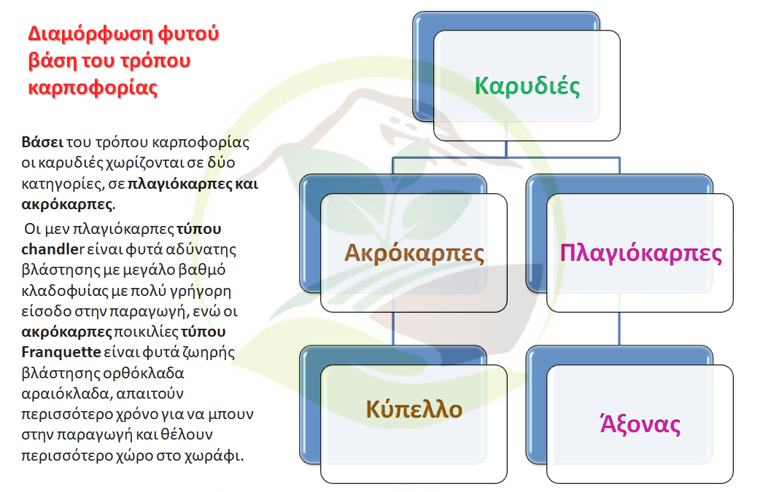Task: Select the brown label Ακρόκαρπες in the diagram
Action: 414,253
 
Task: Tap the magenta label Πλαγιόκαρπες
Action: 640,254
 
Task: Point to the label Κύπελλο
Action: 414,409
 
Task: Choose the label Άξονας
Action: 640,423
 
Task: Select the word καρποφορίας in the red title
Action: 93,88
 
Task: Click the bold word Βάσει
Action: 42,142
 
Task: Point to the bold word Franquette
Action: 61,352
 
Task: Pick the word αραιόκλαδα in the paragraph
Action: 66,393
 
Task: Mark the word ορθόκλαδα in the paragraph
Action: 143,373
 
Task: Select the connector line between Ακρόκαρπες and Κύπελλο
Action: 393,328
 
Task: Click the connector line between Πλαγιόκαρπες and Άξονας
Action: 619,328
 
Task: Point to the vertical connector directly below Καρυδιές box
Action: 506,149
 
